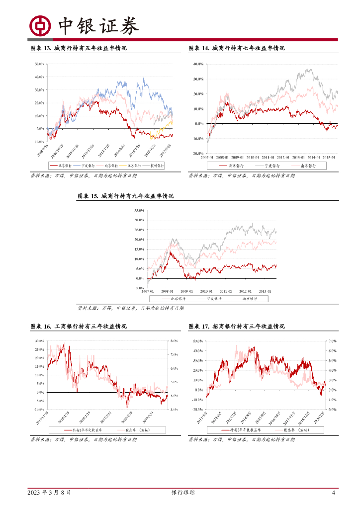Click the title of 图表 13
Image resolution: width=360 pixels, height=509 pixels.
pyautogui.click(x=79, y=48)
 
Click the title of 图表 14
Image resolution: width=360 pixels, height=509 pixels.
pyautogui.click(x=237, y=48)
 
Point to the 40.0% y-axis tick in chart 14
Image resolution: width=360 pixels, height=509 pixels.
pyautogui.click(x=198, y=64)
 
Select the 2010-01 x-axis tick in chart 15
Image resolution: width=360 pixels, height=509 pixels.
pyautogui.click(x=206, y=291)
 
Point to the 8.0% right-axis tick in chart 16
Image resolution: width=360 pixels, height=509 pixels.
pyautogui.click(x=175, y=341)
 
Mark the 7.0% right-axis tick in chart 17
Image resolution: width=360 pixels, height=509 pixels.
pyautogui.click(x=333, y=341)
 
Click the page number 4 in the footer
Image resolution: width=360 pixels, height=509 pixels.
pyautogui.click(x=334, y=493)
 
